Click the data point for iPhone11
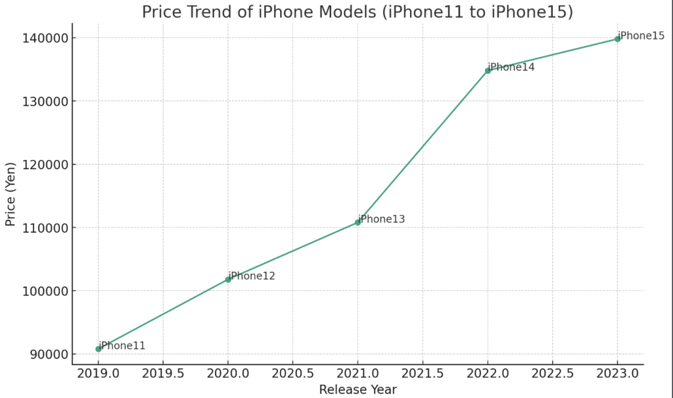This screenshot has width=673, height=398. point(99,349)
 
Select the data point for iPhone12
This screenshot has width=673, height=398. point(228,280)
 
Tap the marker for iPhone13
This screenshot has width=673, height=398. point(358,222)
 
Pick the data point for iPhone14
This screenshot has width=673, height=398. point(488,70)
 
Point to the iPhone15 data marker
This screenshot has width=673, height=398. point(617,39)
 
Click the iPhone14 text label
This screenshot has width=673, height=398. point(512,67)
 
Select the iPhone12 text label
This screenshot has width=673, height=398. point(252,276)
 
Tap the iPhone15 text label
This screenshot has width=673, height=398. point(641,36)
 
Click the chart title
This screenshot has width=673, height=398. point(358,12)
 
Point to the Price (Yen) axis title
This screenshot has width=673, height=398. point(11,195)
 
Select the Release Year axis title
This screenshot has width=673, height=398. point(358,389)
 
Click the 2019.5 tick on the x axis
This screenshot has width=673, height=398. point(163,373)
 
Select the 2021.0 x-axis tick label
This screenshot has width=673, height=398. point(358,373)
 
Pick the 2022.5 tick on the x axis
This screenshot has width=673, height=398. point(552,373)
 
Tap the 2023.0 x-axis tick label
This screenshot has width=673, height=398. point(617,373)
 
